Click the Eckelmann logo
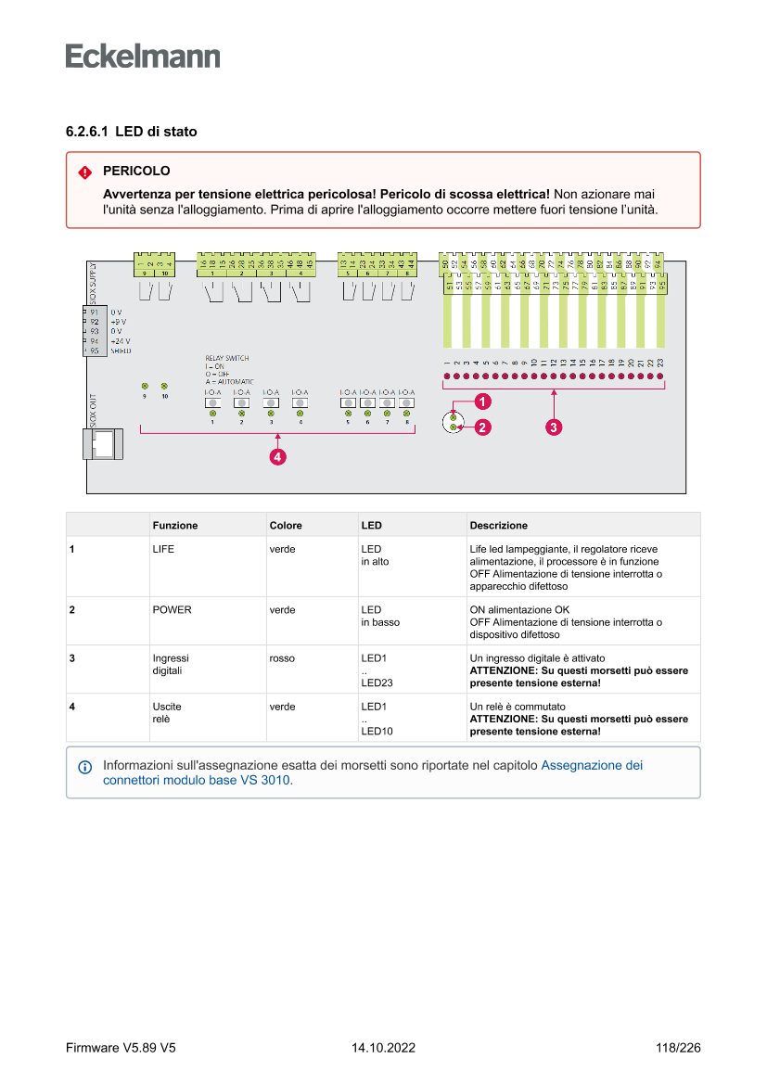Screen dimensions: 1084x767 pyautogui.click(x=143, y=56)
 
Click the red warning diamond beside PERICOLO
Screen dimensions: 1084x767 pyautogui.click(x=85, y=172)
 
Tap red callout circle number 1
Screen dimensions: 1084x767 pyautogui.click(x=482, y=402)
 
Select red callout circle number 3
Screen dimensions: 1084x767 pyautogui.click(x=553, y=427)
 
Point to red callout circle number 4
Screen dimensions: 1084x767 pyautogui.click(x=276, y=456)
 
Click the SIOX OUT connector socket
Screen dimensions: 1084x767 pyautogui.click(x=104, y=443)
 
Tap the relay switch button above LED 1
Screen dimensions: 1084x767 pyautogui.click(x=212, y=402)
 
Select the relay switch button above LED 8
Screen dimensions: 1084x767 pyautogui.click(x=406, y=402)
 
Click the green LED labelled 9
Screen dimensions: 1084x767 pyautogui.click(x=145, y=386)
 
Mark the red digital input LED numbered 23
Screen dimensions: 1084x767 pyautogui.click(x=660, y=377)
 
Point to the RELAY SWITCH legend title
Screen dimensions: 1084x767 pyautogui.click(x=226, y=358)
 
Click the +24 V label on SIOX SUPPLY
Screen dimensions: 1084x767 pyautogui.click(x=121, y=341)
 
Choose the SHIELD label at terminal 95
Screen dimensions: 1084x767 pyautogui.click(x=121, y=351)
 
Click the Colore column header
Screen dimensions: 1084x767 pyautogui.click(x=286, y=526)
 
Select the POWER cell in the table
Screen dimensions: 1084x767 pyautogui.click(x=173, y=610)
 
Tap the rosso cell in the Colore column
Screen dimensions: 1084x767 pyautogui.click(x=282, y=658)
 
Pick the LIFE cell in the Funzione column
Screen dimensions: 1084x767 pyautogui.click(x=163, y=549)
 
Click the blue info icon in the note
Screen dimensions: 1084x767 pyautogui.click(x=85, y=768)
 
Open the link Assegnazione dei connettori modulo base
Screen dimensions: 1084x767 pyautogui.click(x=592, y=766)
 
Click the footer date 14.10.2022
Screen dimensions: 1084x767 pyautogui.click(x=383, y=1049)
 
